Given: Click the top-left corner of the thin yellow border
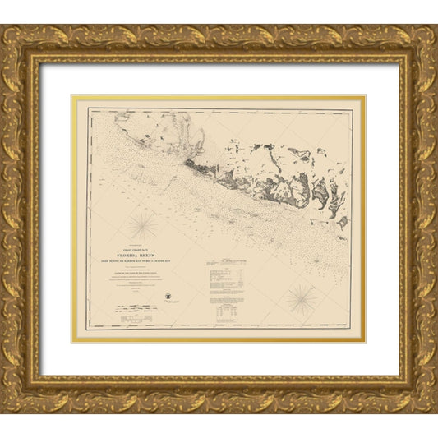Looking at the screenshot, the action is click(72, 97).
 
